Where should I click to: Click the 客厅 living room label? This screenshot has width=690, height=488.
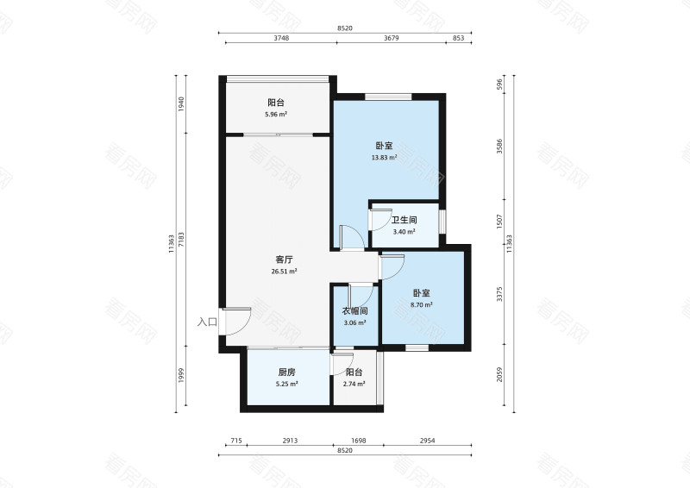(x=284, y=260)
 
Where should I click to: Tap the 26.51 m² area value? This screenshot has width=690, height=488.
(x=284, y=272)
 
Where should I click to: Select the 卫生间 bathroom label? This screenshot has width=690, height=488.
(x=404, y=220)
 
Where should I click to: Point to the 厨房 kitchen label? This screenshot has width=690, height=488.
(x=286, y=372)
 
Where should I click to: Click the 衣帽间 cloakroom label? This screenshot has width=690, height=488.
(x=354, y=311)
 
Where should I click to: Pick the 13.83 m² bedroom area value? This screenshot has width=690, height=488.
(x=385, y=157)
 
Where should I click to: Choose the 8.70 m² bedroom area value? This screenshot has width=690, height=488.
(x=421, y=304)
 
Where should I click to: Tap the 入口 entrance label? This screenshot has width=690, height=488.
(x=207, y=322)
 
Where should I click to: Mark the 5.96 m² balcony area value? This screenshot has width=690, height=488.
(x=276, y=115)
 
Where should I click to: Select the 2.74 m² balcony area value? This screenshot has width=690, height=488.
(x=354, y=384)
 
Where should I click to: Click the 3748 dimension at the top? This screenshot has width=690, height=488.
(x=281, y=38)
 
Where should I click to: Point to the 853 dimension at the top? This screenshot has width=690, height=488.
(x=459, y=38)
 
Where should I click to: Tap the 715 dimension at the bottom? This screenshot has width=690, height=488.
(x=236, y=441)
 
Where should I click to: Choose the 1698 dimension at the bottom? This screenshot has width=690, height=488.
(x=359, y=441)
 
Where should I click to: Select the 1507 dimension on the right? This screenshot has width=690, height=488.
(x=499, y=222)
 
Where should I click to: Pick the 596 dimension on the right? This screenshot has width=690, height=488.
(x=499, y=84)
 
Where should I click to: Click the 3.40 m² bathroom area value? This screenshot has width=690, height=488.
(x=404, y=231)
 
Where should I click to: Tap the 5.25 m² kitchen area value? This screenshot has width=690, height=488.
(x=286, y=384)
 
